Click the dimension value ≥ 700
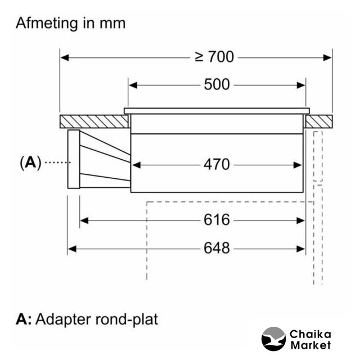click(x=214, y=57)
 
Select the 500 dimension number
click(x=217, y=84)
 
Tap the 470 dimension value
click(x=217, y=164)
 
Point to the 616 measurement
click(x=217, y=220)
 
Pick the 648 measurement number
click(x=217, y=247)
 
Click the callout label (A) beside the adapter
click(x=30, y=163)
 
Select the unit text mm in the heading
click(x=111, y=23)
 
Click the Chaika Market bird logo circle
click(x=274, y=339)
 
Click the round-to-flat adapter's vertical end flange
click(x=73, y=160)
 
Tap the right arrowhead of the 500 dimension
click(x=303, y=84)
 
